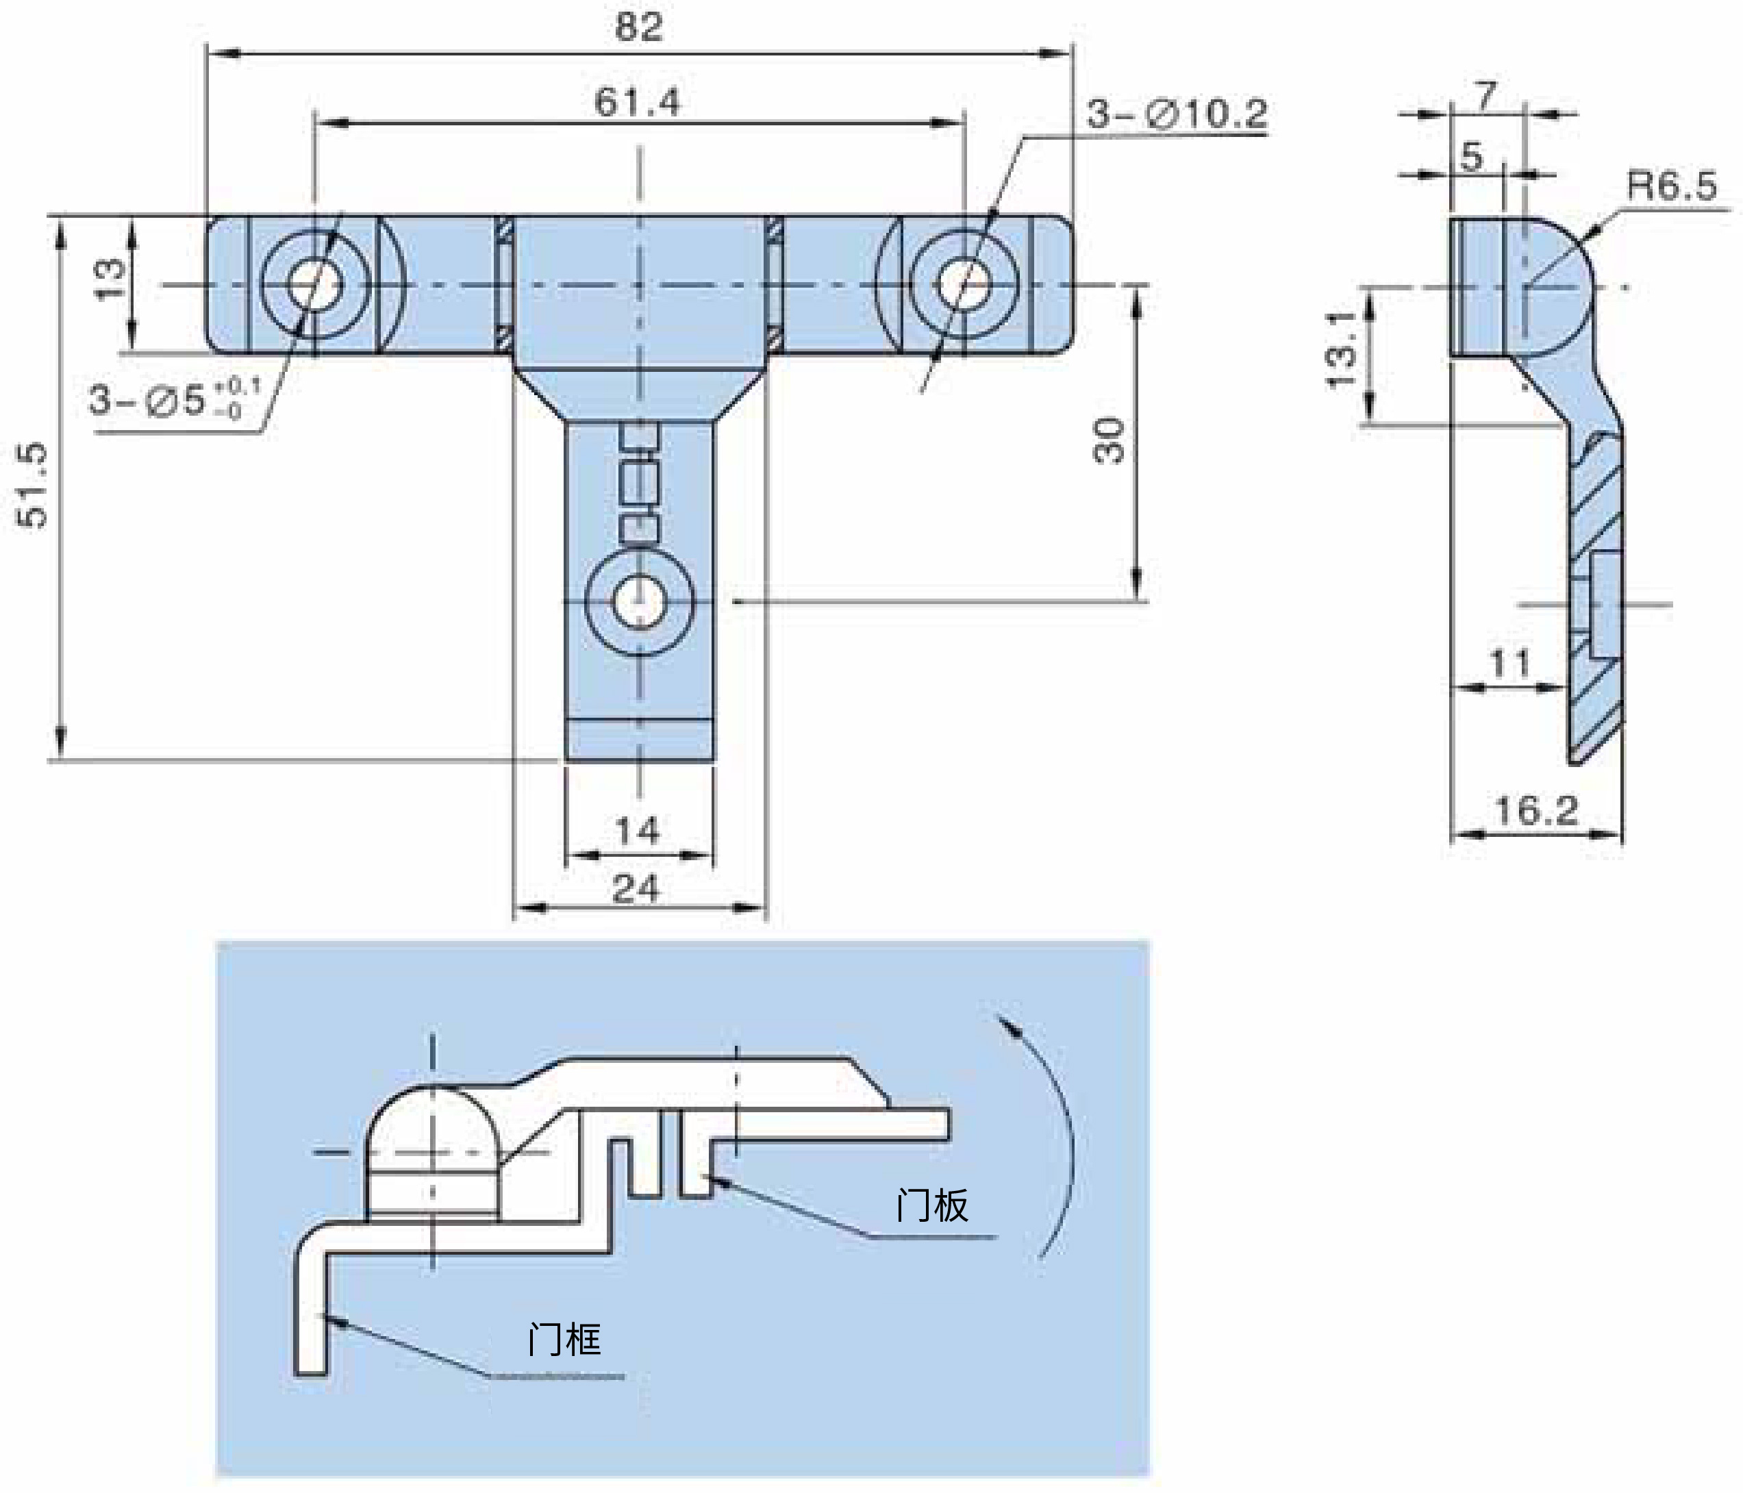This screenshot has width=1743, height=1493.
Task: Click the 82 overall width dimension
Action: [638, 28]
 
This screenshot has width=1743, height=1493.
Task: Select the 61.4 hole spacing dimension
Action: [637, 103]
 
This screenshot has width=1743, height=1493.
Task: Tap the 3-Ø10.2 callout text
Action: [1176, 114]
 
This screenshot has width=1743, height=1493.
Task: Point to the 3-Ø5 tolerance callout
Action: [175, 399]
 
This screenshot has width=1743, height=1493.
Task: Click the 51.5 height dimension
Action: [33, 486]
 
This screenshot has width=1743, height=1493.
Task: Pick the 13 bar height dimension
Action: [110, 279]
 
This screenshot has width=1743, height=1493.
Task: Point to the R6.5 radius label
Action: [1670, 185]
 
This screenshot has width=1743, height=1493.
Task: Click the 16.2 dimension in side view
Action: [1536, 811]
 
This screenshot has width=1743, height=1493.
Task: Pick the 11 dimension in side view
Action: [1510, 664]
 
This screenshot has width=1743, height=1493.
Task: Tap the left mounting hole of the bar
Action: [316, 285]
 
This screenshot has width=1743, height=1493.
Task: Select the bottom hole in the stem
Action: [639, 602]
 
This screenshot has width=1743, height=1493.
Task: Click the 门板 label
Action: [932, 1205]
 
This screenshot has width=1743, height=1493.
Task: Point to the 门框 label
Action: [564, 1338]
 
